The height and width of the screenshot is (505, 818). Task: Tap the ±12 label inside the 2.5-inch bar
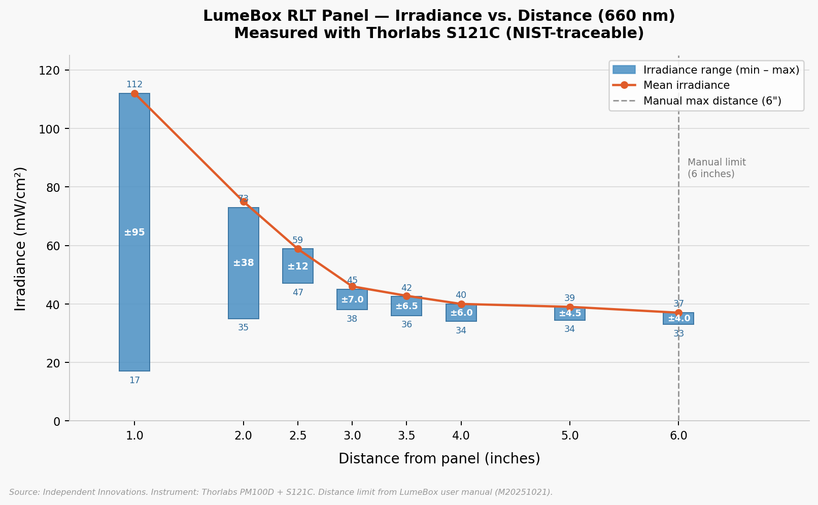coord(298,266)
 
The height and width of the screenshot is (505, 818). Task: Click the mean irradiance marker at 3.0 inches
coord(352,287)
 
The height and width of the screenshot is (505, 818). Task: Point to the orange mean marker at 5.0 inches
coord(570,307)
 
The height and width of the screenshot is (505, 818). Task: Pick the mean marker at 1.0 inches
coord(134,93)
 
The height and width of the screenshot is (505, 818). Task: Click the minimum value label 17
coord(134,380)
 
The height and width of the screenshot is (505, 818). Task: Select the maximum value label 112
coord(134,84)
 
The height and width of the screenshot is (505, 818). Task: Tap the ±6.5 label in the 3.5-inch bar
coord(406,306)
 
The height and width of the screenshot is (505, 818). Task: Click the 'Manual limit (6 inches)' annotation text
coord(717,168)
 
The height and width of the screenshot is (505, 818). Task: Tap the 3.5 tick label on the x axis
coord(406,435)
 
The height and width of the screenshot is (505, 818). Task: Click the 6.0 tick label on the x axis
coord(678,435)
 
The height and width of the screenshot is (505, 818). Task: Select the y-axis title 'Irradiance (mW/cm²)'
coord(20,239)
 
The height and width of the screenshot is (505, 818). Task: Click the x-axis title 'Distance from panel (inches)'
coord(439,459)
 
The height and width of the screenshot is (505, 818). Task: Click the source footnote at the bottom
coord(281,492)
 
